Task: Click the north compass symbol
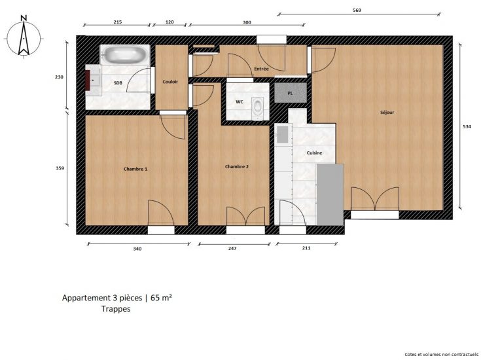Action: pos(24,38)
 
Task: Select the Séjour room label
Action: pos(387,112)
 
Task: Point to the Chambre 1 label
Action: pos(135,169)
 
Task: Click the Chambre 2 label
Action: pos(237,166)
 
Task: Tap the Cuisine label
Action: pos(315,153)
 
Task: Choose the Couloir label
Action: pos(171,81)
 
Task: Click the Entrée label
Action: pos(261,69)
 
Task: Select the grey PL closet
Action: pos(291,94)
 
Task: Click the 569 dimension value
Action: pos(357,10)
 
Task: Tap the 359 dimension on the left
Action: pos(60,168)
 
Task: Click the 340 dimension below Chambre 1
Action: pos(137,249)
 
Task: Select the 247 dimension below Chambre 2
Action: pos(232,249)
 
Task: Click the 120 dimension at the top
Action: pos(169,22)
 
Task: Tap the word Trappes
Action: pos(116,310)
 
